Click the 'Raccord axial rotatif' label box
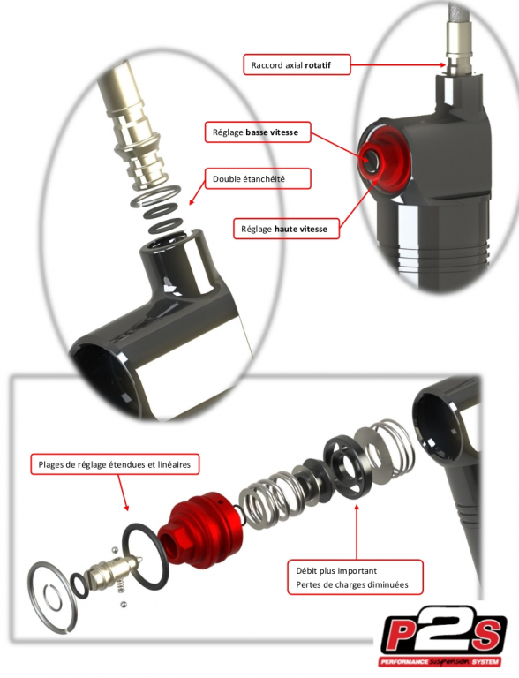297,64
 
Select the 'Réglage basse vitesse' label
258,132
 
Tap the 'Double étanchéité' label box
258,178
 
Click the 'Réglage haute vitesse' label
286,229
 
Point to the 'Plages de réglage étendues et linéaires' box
115,464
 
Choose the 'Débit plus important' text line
336,571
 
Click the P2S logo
442,637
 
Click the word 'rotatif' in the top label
318,65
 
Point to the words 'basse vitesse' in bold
272,132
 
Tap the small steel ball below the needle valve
124,603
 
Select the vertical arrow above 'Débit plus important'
357,531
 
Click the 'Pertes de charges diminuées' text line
351,584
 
